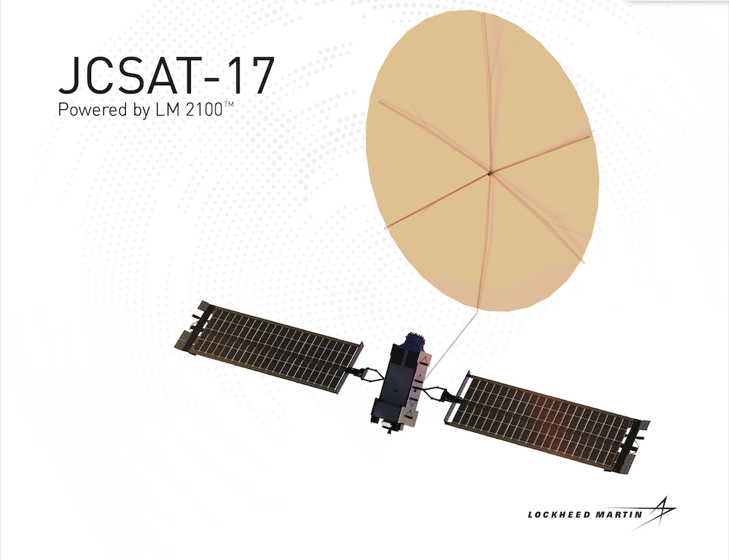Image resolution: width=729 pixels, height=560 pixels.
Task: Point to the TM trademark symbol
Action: [x=229, y=105]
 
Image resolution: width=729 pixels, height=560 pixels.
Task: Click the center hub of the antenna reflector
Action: [x=489, y=174]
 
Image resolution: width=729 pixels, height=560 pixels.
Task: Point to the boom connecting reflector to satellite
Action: [x=452, y=344]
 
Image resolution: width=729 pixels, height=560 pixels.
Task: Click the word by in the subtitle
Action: [x=142, y=111]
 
